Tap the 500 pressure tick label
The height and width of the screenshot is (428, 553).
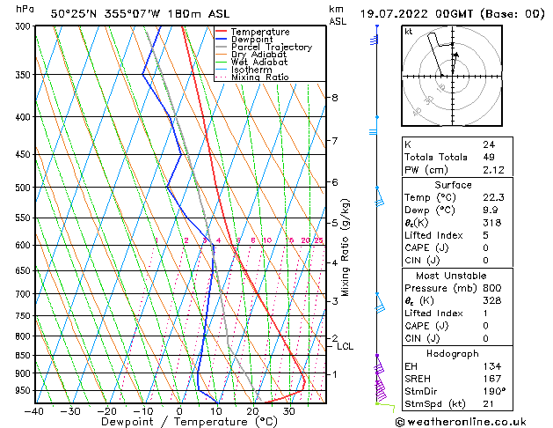pyautogui.click(x=22, y=188)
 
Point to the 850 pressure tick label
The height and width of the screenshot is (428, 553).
pyautogui.click(x=22, y=355)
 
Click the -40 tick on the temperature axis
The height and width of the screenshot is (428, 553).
pyautogui.click(x=34, y=410)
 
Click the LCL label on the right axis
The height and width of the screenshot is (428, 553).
pyautogui.click(x=345, y=347)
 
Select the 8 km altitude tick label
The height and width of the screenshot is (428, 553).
pyautogui.click(x=335, y=98)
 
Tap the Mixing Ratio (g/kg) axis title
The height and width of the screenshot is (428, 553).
pyautogui.click(x=346, y=247)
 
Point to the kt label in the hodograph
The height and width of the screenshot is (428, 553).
pyautogui.click(x=408, y=31)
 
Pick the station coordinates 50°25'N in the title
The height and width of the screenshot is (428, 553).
pyautogui.click(x=73, y=13)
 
